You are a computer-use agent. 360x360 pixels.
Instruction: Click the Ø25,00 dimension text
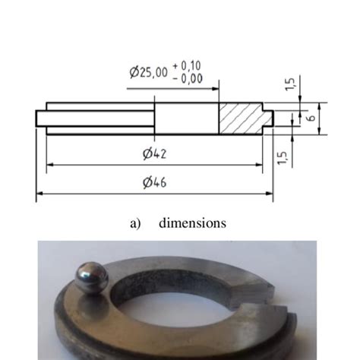pos(149,74)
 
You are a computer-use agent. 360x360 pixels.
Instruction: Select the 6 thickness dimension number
pos(311,119)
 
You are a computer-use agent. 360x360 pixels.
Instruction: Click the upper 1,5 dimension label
pos(291,84)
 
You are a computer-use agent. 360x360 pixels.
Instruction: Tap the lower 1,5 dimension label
pos(283,155)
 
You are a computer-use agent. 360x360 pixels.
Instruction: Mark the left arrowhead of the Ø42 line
pos(49,163)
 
